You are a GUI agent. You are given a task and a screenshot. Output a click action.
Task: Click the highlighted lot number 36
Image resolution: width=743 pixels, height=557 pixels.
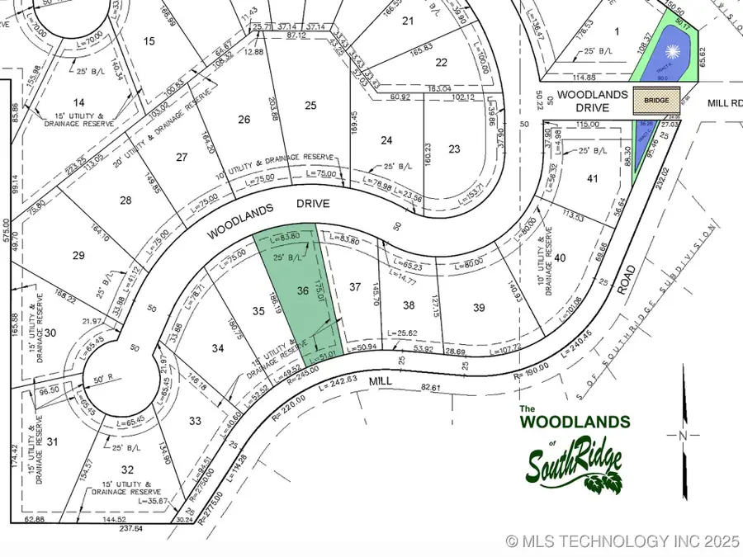(303, 290)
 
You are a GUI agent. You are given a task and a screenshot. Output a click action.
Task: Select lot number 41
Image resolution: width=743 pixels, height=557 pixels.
(591, 178)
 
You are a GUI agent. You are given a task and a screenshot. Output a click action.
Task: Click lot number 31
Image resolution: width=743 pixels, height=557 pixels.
(53, 442)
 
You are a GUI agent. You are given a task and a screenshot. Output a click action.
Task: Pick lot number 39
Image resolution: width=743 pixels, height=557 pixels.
(479, 307)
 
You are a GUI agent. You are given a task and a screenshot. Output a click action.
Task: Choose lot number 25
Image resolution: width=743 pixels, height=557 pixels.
(310, 105)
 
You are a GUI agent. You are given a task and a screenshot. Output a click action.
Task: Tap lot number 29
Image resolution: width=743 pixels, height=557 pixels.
(78, 256)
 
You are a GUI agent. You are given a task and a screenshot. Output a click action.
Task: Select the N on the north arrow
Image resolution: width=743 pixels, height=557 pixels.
(682, 435)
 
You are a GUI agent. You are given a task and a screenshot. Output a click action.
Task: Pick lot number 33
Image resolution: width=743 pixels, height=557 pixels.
(195, 421)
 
